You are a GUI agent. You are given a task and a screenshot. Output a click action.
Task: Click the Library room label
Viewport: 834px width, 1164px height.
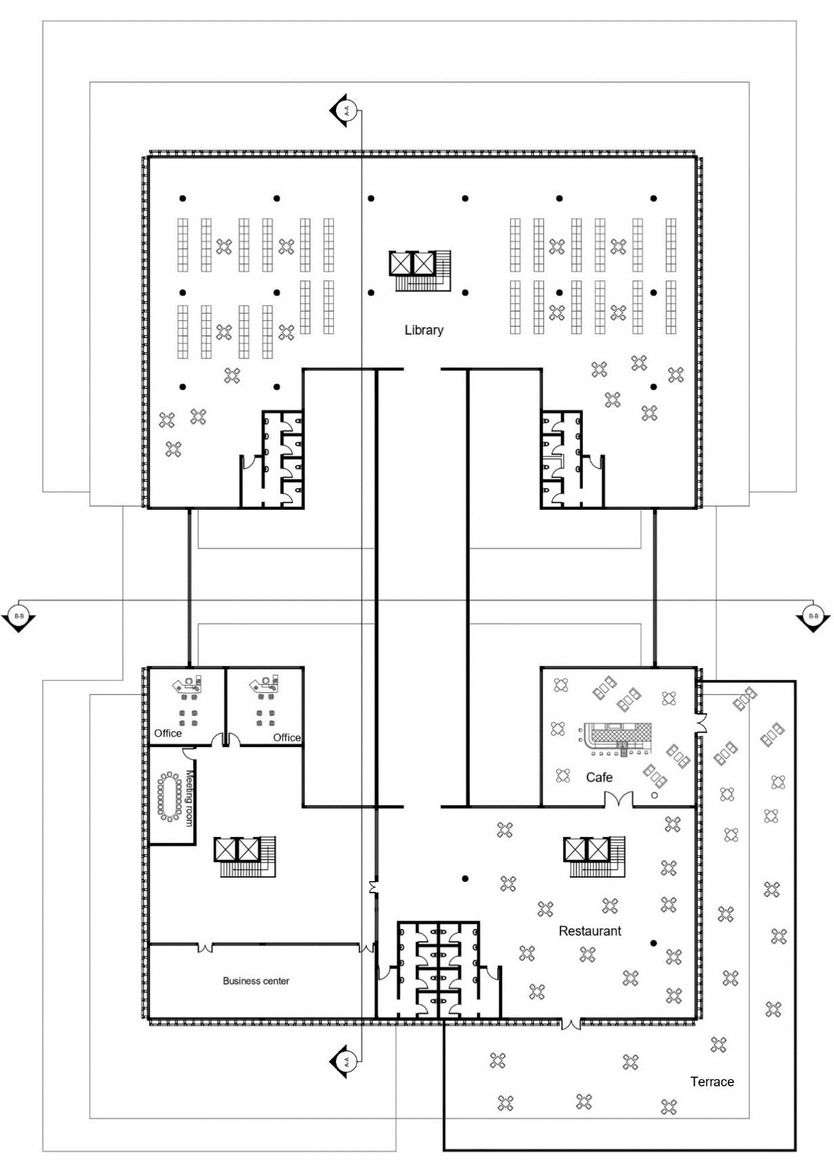click(423, 331)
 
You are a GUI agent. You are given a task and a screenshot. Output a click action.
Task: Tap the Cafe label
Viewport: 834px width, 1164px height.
click(599, 778)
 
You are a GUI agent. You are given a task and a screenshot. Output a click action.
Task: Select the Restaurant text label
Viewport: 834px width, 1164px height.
click(590, 931)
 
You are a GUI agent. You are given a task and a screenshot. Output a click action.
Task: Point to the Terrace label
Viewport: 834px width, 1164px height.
click(712, 1082)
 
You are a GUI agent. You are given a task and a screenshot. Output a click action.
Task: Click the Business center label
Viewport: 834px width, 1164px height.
click(256, 981)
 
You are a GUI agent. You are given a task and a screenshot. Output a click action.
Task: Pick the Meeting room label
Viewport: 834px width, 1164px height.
click(190, 797)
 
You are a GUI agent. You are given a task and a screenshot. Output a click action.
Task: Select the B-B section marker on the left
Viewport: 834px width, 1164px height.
click(18, 618)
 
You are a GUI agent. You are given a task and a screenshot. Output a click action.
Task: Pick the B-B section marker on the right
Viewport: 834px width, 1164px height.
click(813, 618)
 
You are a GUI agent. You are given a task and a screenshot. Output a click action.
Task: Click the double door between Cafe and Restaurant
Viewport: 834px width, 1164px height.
click(619, 800)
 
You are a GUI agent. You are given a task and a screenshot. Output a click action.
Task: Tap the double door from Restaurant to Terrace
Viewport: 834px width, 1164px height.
click(571, 1023)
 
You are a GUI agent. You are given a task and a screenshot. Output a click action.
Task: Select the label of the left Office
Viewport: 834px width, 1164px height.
click(168, 734)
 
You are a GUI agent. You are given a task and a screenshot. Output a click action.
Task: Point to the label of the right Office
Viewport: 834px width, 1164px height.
click(286, 738)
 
